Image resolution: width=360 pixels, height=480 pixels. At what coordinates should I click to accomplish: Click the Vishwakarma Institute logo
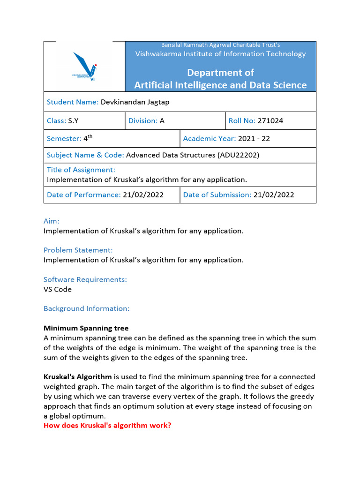pyautogui.click(x=84, y=66)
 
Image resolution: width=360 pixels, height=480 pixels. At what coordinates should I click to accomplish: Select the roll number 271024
pyautogui.click(x=270, y=120)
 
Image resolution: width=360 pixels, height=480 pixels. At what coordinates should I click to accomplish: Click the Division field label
pyautogui.click(x=143, y=120)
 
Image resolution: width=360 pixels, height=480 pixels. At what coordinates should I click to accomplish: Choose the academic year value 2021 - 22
pyautogui.click(x=254, y=139)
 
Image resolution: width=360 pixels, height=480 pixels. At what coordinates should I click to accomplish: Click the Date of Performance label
pyautogui.click(x=84, y=195)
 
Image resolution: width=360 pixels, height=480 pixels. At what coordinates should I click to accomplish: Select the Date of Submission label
pyautogui.click(x=217, y=195)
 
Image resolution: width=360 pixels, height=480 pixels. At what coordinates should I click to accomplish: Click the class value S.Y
pyautogui.click(x=73, y=120)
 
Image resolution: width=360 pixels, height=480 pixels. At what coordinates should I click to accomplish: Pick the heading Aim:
pyautogui.click(x=52, y=221)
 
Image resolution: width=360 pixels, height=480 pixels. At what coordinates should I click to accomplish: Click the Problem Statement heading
pyautogui.click(x=78, y=250)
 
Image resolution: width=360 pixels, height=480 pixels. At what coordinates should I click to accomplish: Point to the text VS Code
pyautogui.click(x=58, y=289)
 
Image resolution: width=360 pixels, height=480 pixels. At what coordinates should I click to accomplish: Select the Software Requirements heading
pyautogui.click(x=85, y=279)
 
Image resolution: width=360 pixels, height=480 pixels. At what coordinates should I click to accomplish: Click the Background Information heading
pyautogui.click(x=86, y=308)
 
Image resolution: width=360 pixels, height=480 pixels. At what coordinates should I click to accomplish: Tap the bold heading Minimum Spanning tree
pyautogui.click(x=86, y=328)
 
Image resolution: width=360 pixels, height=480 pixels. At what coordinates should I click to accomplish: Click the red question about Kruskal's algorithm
pyautogui.click(x=107, y=426)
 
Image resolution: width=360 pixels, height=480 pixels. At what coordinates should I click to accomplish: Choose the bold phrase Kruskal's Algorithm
pyautogui.click(x=78, y=376)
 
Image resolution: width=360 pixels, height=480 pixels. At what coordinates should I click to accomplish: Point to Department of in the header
pyautogui.click(x=220, y=72)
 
